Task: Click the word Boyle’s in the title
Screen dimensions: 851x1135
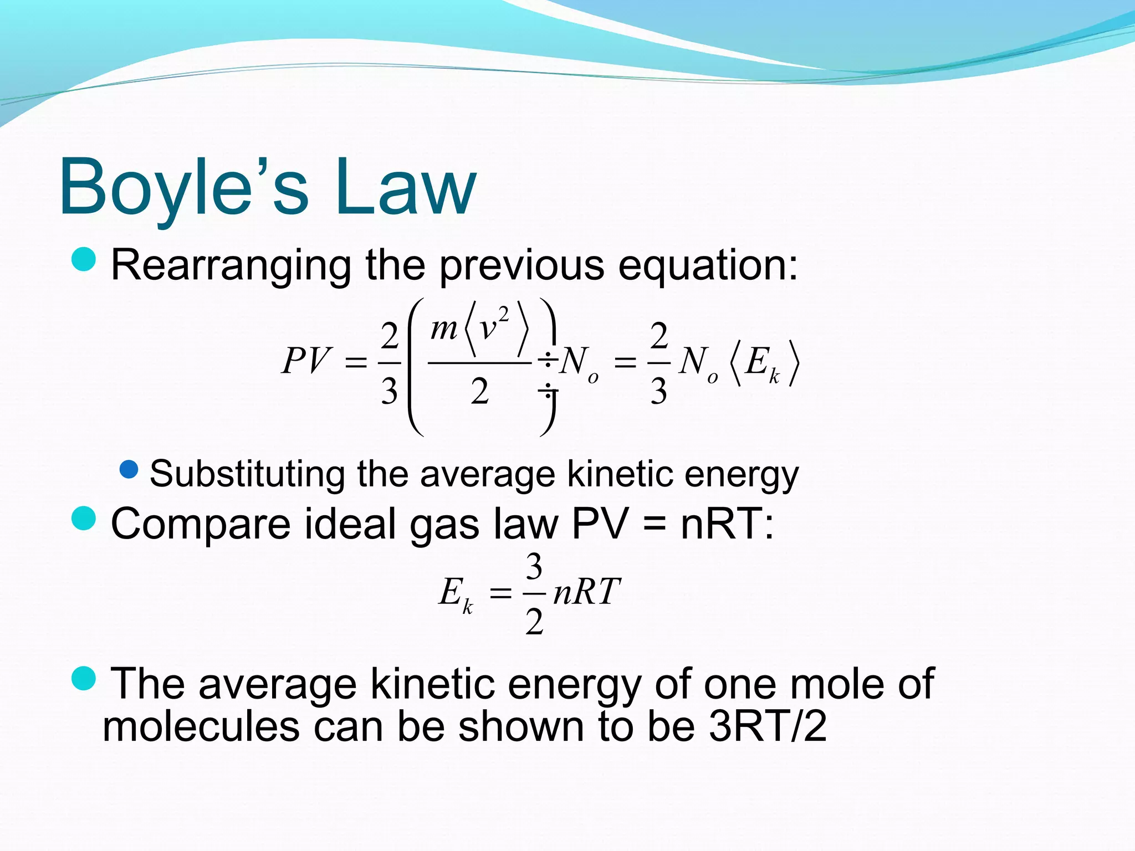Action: (183, 187)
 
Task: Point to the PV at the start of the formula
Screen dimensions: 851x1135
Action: (306, 361)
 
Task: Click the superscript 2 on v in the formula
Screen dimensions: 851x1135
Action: (503, 314)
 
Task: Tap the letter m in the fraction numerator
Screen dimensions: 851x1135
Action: (443, 329)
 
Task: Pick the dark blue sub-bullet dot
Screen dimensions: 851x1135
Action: (129, 470)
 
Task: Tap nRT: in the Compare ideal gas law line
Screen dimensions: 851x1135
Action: (727, 524)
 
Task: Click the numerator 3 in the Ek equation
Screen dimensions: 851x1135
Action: (534, 567)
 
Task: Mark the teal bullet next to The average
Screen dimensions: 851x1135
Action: (84, 678)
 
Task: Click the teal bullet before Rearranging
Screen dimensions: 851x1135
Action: (84, 259)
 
